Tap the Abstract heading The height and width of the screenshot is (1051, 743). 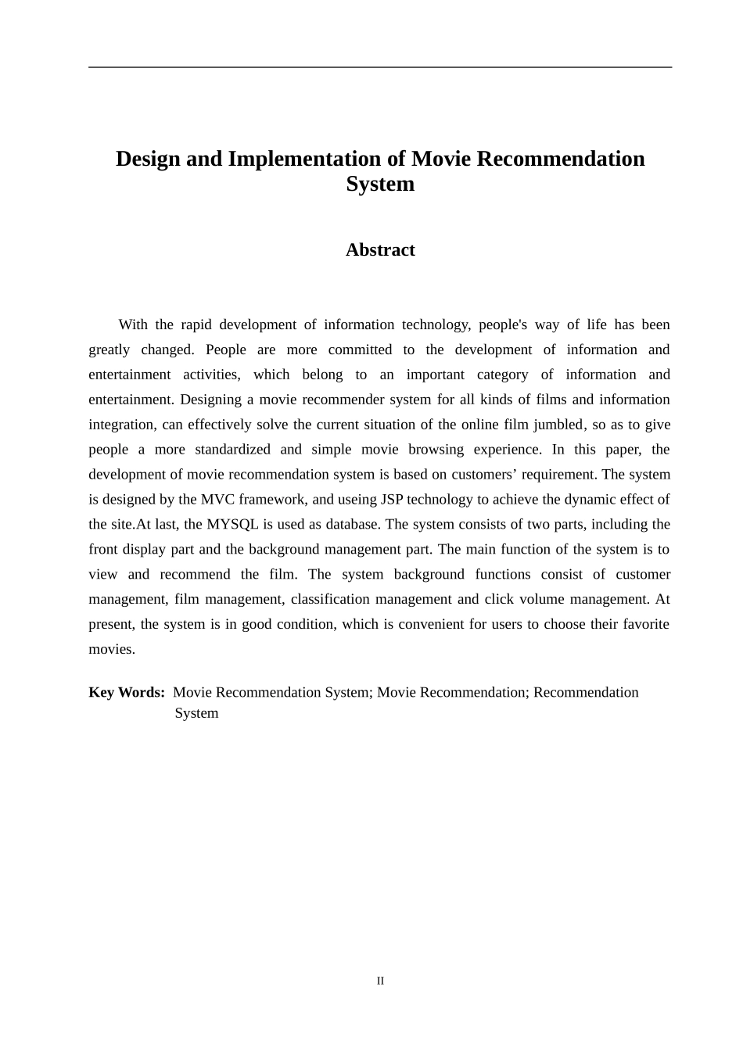(x=380, y=250)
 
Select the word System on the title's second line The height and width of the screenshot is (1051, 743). (x=380, y=185)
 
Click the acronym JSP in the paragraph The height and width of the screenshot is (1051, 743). (x=392, y=500)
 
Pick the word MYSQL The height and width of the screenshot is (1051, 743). (x=232, y=525)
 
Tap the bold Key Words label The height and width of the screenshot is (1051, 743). (x=126, y=693)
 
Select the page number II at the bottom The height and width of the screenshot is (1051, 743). (x=380, y=981)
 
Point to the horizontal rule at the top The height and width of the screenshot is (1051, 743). (x=380, y=67)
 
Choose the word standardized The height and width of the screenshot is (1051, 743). (x=232, y=450)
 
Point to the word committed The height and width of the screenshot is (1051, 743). (x=360, y=350)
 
